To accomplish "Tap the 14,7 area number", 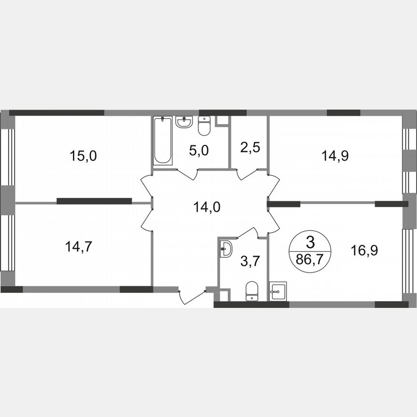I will [x=79, y=247].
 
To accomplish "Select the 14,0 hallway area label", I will [x=205, y=208].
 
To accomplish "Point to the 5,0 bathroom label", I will [x=198, y=151].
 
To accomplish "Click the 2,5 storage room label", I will [x=250, y=147].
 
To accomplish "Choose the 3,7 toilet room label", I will [x=250, y=262].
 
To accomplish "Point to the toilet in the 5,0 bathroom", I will [x=204, y=126].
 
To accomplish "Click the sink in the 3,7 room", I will [x=226, y=250].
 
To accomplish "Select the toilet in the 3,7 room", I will [x=252, y=291].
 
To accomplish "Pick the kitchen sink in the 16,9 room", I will [x=278, y=291].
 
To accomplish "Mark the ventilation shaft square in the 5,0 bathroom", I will [x=222, y=121].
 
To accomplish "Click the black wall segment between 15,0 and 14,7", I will [x=94, y=201].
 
